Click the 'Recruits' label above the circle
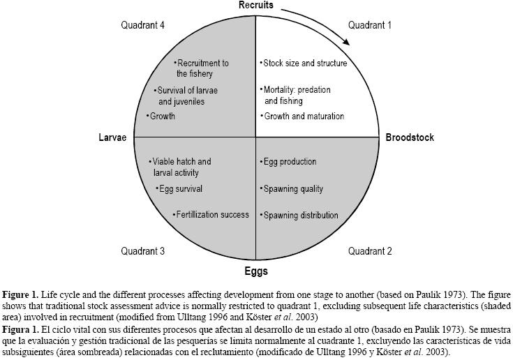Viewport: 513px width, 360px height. point(255,6)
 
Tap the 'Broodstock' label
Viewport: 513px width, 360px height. point(410,137)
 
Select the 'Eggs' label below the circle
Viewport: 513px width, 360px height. point(255,271)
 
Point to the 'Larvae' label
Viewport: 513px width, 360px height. point(112,137)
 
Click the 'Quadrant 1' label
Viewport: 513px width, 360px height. point(370,25)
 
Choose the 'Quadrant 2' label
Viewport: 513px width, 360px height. point(370,251)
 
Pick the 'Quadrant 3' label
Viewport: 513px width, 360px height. point(142,251)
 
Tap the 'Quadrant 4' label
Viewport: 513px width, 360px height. point(142,25)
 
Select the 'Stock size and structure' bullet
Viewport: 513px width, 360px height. point(304,63)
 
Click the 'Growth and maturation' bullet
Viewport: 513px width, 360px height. point(303,117)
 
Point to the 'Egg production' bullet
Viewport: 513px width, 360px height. point(289,162)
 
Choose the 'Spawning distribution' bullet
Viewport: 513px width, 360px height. point(300,215)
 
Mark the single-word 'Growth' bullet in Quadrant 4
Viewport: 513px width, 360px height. point(162,117)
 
